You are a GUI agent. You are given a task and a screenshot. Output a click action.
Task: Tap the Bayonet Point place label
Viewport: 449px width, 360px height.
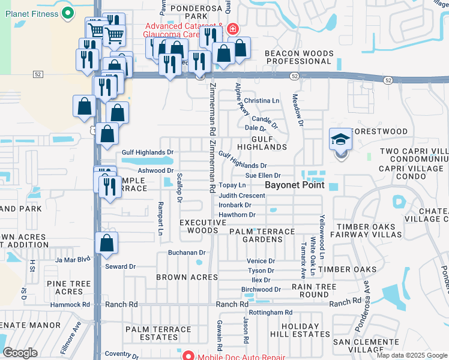[295, 185]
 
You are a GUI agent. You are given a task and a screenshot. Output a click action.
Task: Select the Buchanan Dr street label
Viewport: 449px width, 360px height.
[187, 253]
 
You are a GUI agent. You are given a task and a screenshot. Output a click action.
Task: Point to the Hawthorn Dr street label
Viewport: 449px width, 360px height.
[237, 214]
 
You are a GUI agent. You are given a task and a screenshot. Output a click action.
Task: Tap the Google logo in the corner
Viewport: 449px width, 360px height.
[20, 353]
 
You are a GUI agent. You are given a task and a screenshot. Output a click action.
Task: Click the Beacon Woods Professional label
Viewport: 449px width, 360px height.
[299, 57]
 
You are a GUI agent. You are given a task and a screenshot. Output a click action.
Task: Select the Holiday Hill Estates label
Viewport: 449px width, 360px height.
[296, 329]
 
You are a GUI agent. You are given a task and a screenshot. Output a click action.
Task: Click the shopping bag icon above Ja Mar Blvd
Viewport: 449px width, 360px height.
[106, 243]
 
